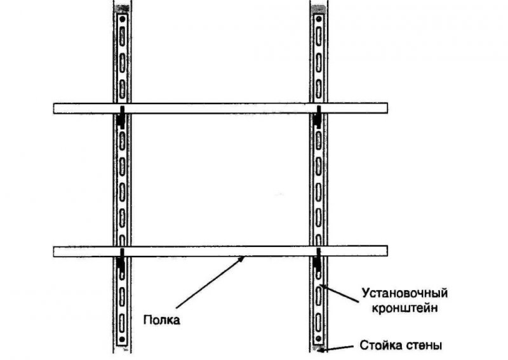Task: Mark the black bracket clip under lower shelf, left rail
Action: [121, 260]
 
